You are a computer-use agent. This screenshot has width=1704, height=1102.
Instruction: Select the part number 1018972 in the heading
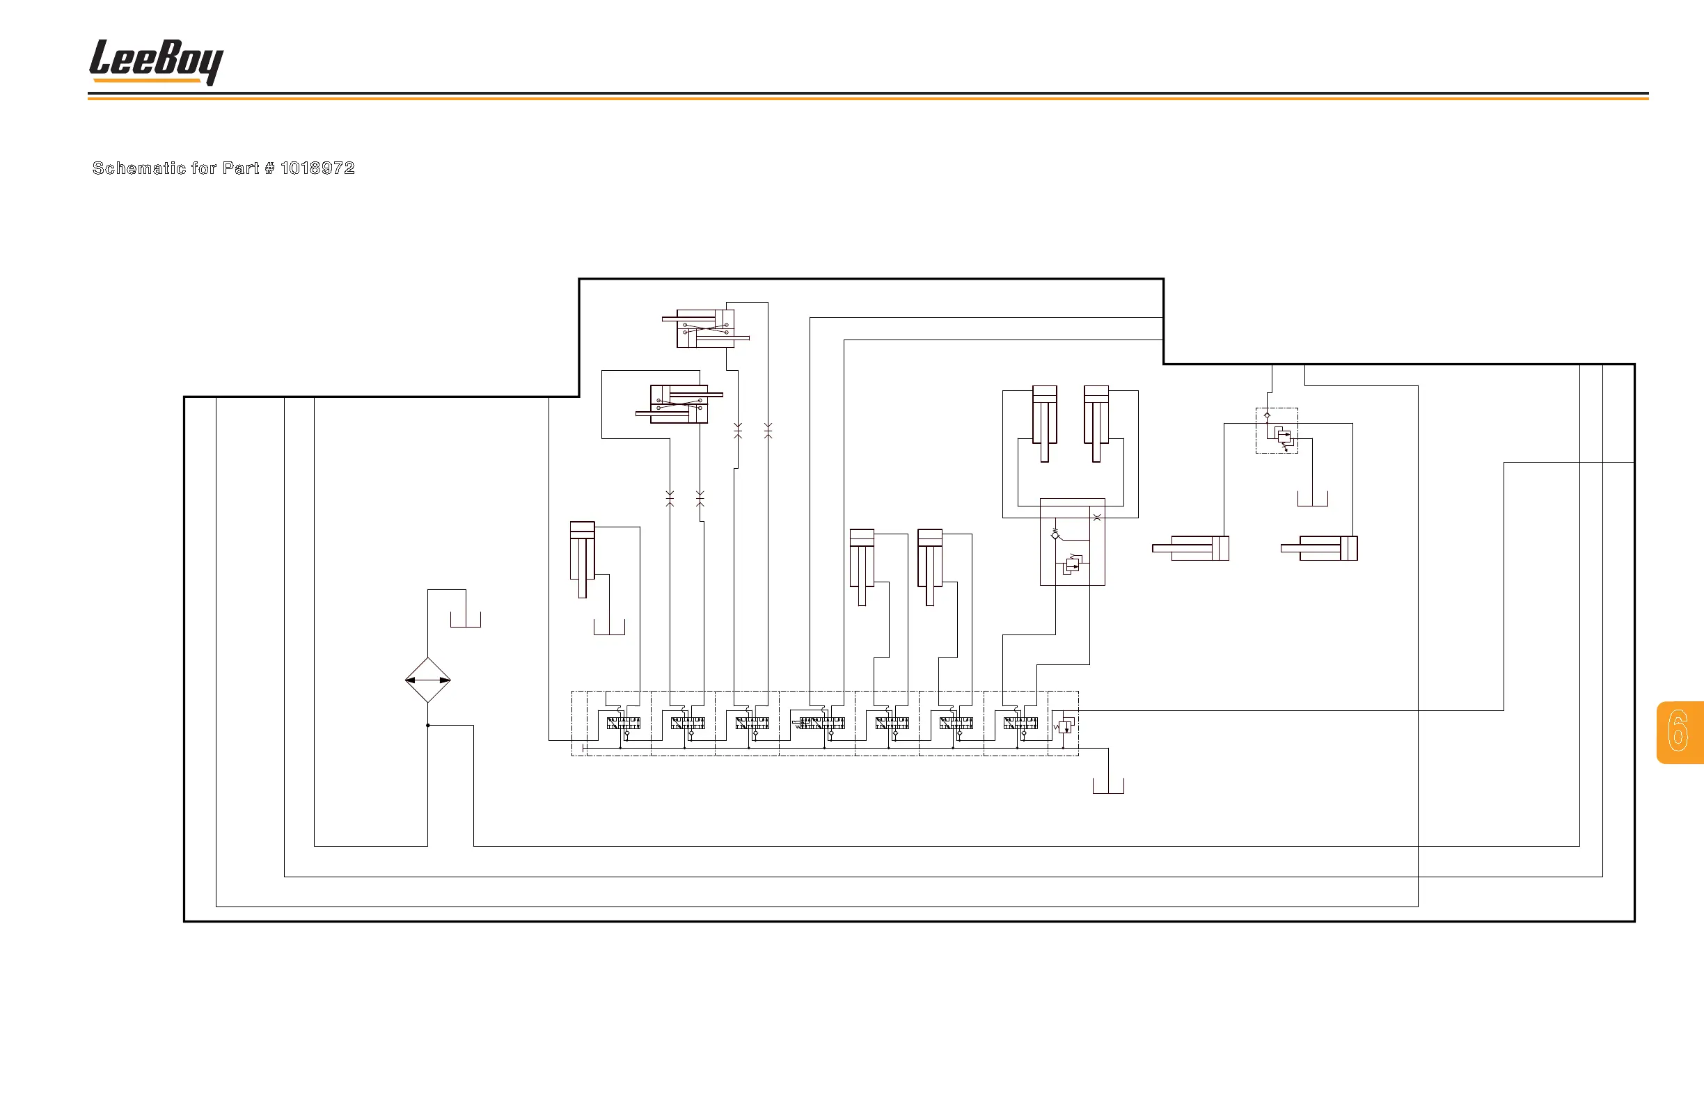pos(317,168)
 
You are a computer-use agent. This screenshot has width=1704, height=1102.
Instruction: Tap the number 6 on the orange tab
pos(1678,731)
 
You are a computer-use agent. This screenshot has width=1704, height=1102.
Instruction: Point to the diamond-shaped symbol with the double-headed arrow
pos(427,680)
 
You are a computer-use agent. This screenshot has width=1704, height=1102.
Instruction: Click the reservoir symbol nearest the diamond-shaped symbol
pos(466,621)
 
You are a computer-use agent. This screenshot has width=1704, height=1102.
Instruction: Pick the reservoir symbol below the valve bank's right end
pos(1107,786)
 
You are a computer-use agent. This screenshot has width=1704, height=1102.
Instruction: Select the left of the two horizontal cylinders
pos(1191,548)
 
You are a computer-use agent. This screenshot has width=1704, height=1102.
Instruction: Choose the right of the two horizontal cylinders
pos(1320,548)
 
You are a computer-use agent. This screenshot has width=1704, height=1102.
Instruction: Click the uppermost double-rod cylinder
pos(706,328)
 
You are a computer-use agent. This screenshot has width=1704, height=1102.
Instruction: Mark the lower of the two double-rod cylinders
pos(679,404)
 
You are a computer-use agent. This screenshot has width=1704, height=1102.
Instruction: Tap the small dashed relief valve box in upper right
pos(1277,431)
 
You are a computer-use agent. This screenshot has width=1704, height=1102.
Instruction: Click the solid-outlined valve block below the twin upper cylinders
pos(1072,542)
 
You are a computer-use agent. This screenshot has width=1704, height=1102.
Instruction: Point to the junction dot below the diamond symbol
pos(427,726)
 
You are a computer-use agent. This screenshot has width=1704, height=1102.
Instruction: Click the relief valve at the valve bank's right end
pos(1064,726)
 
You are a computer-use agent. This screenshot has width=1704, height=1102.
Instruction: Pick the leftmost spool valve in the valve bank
pos(623,724)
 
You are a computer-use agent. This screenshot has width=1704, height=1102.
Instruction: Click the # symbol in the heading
pos(269,168)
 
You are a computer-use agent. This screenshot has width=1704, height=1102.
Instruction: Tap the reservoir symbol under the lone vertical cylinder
pos(609,628)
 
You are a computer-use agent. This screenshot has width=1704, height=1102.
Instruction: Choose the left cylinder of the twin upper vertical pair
pos(1045,424)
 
